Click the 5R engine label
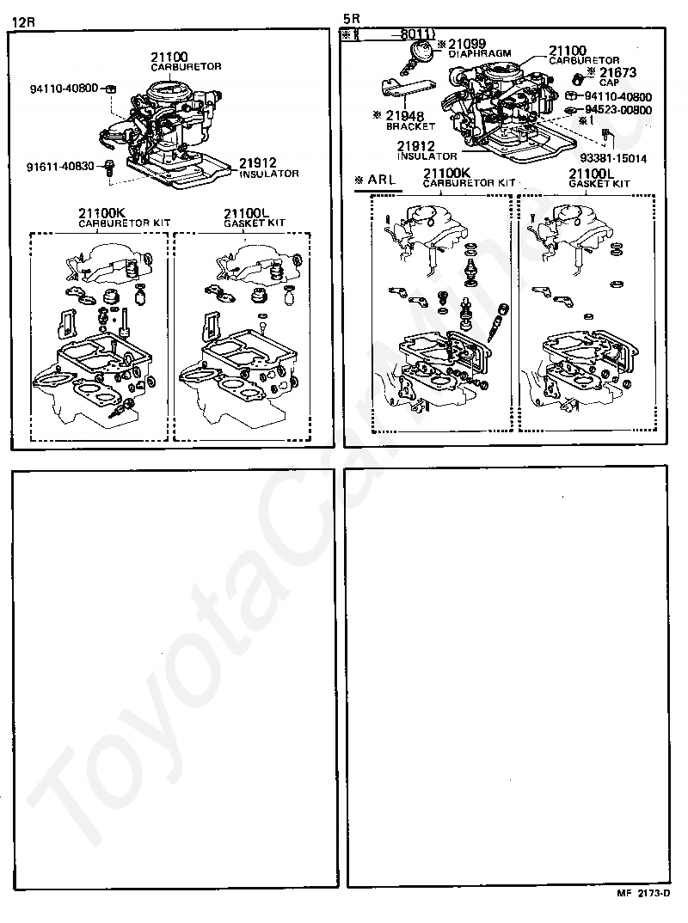coord(351,17)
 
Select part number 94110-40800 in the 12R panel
coord(64,88)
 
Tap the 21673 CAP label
coord(616,76)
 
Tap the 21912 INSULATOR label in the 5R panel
coord(427,151)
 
